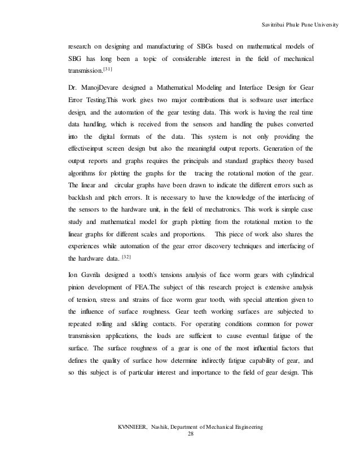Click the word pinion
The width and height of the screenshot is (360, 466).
coord(78,289)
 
